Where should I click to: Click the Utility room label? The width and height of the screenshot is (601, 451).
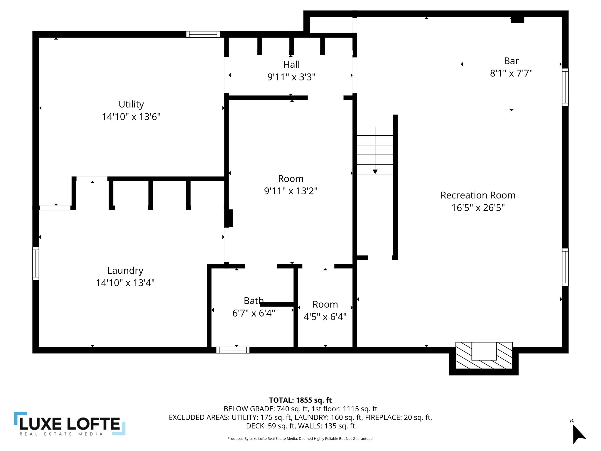131,104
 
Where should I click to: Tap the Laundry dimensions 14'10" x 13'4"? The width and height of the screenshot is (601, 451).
125,283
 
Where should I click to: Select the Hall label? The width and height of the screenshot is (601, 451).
291,65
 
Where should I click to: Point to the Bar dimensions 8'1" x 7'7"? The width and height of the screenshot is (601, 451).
511,73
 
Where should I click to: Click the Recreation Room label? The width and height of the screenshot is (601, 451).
478,195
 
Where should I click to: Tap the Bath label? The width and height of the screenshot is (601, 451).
254,301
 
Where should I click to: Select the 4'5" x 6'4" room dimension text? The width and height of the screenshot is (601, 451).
325,317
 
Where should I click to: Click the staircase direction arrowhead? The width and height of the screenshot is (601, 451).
375,171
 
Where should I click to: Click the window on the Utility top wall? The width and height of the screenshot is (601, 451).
203,34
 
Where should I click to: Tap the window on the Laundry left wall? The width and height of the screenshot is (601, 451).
36,263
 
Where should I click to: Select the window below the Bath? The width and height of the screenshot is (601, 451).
233,350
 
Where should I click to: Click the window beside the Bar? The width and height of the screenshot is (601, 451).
565,87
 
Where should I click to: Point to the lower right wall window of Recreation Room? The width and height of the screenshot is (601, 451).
565,267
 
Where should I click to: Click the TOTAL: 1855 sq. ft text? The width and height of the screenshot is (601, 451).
300,400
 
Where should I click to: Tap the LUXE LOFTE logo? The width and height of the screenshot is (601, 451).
70,423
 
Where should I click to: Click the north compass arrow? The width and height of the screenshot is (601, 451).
578,434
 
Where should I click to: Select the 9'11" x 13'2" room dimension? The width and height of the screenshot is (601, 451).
291,191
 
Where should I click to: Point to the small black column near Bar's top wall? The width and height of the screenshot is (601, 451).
517,20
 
